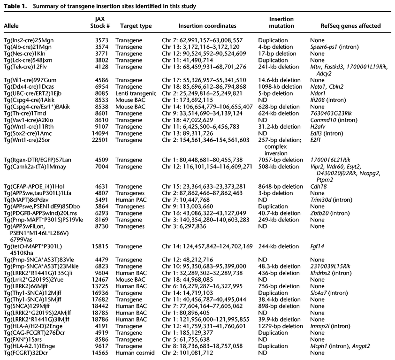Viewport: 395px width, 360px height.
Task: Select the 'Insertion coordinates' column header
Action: (208, 26)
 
